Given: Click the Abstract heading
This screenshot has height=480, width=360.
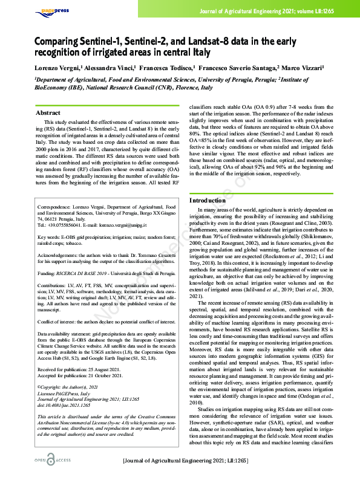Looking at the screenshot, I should click(x=48, y=113).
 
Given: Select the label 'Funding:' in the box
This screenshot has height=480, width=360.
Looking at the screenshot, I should click(x=48, y=274).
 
